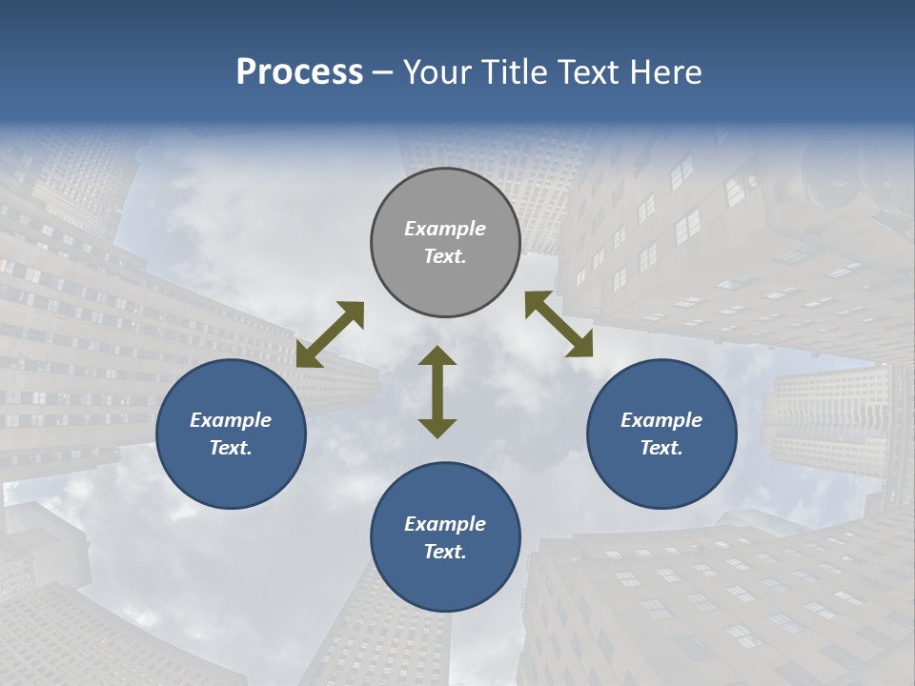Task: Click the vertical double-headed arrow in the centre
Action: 437,392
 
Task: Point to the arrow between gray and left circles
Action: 330,333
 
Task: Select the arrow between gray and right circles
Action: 559,324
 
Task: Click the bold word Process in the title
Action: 299,72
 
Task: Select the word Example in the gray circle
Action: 445,229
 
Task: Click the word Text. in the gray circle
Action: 445,256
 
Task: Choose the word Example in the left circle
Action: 231,420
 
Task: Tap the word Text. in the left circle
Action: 231,448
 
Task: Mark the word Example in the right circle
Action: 661,420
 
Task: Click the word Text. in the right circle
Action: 661,448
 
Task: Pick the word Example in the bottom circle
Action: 445,524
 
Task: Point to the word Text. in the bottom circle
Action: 445,552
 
